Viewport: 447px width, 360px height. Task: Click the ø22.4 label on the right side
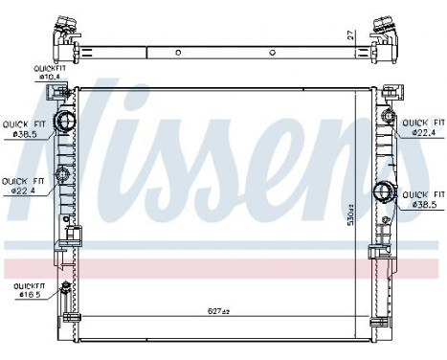coord(423,128)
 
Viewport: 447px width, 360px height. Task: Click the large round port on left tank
coord(65,122)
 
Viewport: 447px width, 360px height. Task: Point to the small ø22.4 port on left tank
coord(64,174)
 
